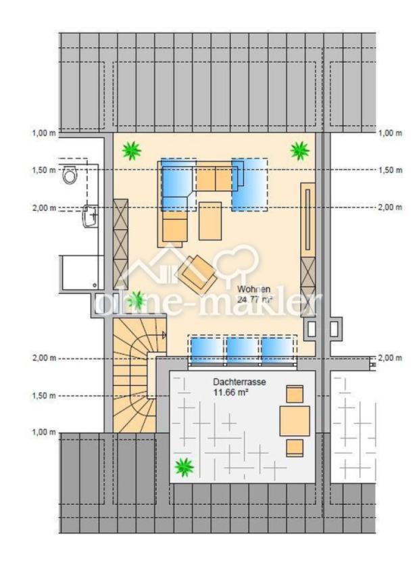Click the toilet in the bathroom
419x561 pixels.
70,175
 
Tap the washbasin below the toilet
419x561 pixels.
90,216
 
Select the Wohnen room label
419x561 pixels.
254,289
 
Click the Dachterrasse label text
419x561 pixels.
239,382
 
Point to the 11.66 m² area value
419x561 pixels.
231,393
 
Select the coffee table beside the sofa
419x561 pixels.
210,221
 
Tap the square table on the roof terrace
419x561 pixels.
295,420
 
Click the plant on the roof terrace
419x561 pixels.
184,467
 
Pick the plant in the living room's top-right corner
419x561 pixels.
299,151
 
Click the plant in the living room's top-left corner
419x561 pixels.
132,151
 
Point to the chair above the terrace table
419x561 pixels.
295,394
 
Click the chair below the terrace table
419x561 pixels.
295,448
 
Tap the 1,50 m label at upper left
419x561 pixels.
44,170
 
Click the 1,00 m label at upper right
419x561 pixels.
391,133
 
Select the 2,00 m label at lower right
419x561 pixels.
391,358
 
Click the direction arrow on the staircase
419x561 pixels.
164,335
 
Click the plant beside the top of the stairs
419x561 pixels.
136,300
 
